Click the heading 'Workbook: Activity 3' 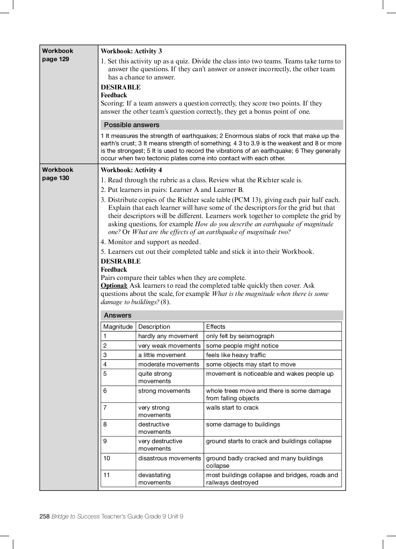(131, 51)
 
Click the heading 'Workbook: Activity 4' (131, 170)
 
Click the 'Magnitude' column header (118, 327)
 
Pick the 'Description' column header (154, 327)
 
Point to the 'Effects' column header (216, 327)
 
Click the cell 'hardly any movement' (168, 336)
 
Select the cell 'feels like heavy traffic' (236, 355)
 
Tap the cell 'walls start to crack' (232, 408)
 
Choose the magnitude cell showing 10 (107, 458)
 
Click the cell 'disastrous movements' (170, 458)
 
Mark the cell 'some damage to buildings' (243, 425)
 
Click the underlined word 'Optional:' (114, 286)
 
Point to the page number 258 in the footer (44, 517)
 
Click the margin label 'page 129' (56, 59)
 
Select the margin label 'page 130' (56, 178)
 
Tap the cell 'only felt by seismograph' (240, 336)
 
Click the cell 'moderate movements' (169, 365)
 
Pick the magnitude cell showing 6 (105, 391)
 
